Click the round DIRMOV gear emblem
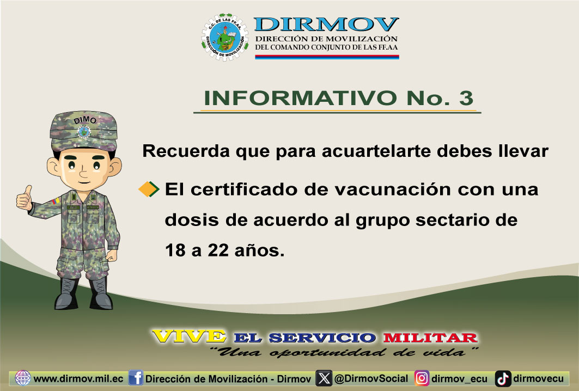coord(225,37)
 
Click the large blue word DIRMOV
coord(326,25)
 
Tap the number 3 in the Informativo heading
coord(466,98)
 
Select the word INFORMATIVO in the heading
coord(300,98)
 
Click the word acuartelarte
coord(376,151)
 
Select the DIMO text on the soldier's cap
coord(86,120)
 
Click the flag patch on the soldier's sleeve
coord(56,201)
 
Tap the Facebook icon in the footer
coord(136,378)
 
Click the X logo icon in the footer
coord(324,378)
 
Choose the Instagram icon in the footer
coord(422,378)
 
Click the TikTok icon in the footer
coord(503,378)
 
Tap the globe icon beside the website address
coord(23,378)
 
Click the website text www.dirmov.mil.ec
coord(78,379)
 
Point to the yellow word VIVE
coord(188,337)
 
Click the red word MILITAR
coord(430,338)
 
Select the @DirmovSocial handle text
coord(371,378)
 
